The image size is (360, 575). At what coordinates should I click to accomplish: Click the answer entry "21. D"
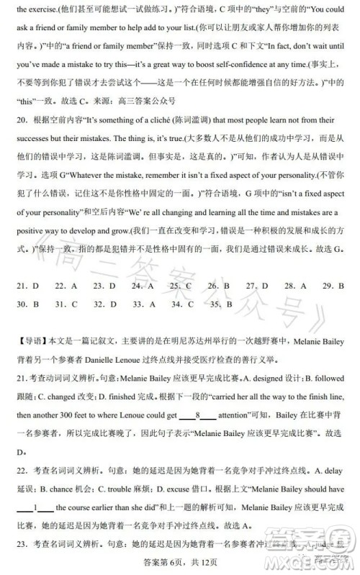tap(27, 286)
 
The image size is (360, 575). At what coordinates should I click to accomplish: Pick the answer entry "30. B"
tap(27, 304)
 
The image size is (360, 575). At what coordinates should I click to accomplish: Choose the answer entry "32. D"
tap(104, 304)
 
